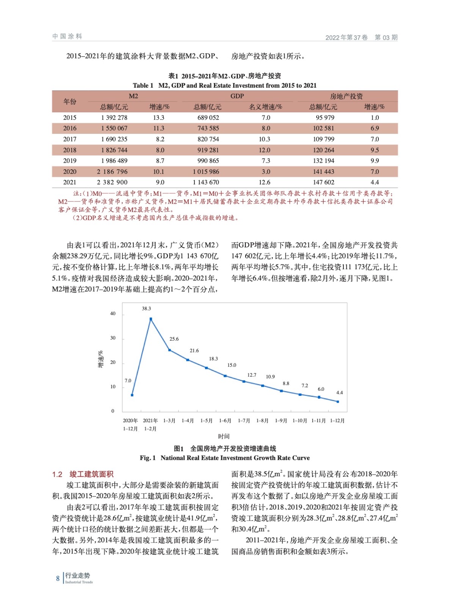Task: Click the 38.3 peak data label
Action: point(146,308)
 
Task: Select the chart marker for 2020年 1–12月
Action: point(132,395)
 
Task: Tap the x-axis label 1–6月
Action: point(225,420)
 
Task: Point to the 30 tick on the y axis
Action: point(113,338)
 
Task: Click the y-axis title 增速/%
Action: point(101,359)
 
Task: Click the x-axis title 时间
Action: point(224,436)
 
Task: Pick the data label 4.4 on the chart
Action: point(339,393)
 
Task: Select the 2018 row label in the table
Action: point(70,150)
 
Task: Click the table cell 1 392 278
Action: point(114,118)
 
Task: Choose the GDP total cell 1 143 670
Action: point(206,182)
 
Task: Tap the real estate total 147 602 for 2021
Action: point(323,182)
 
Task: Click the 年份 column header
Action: point(70,101)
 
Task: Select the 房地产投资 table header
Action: point(346,96)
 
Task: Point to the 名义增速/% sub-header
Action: point(265,107)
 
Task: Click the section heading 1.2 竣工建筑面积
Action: point(83,474)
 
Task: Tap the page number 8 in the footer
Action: point(58,579)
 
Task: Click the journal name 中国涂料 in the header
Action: point(67,36)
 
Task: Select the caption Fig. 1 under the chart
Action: point(224,458)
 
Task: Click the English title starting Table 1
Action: point(224,85)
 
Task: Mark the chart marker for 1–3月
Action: point(169,350)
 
